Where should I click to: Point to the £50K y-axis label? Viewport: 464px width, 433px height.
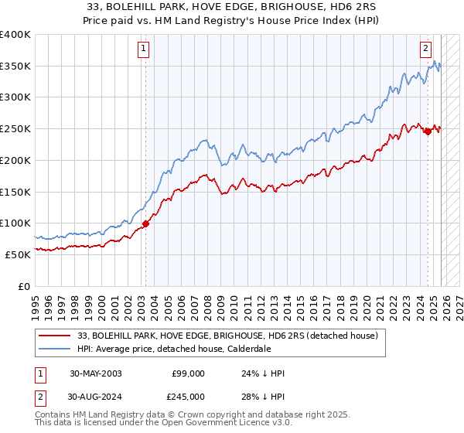(19, 254)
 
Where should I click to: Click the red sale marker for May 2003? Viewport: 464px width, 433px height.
(145, 224)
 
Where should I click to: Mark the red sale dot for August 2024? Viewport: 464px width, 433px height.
(428, 131)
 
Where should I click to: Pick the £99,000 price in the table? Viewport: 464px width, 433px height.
(188, 373)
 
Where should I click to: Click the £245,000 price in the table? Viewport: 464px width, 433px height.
(188, 396)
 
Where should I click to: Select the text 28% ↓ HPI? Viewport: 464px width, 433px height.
(264, 396)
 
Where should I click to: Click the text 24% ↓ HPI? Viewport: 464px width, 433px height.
(264, 373)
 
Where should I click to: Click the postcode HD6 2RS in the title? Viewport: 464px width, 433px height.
(313, 8)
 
